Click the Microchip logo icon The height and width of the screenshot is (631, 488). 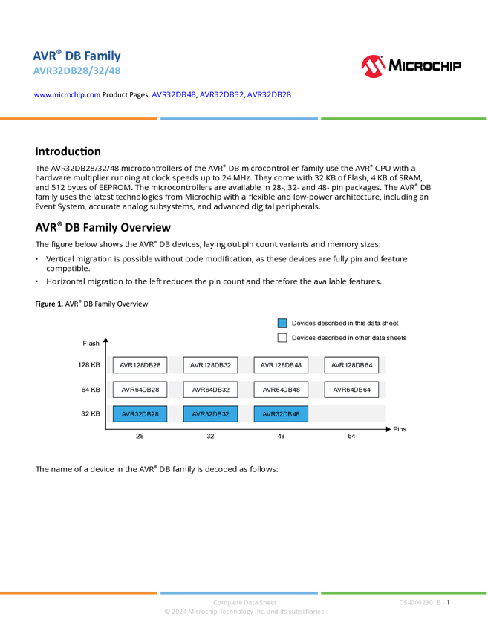[374, 66]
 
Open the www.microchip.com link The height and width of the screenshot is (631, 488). [67, 94]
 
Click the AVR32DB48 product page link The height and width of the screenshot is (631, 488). [174, 94]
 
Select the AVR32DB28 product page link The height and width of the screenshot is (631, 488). [269, 94]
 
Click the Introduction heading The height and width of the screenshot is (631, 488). [68, 151]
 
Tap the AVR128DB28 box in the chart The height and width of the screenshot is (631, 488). [140, 365]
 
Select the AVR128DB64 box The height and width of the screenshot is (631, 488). [351, 365]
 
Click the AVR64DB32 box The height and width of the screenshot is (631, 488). [210, 390]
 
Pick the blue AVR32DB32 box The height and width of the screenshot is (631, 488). [210, 413]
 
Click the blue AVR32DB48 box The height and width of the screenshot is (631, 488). [281, 413]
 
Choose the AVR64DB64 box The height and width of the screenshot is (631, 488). [351, 390]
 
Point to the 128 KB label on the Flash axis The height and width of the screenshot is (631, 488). [89, 365]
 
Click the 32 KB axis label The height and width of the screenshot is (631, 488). [91, 413]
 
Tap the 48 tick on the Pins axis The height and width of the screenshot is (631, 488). [281, 436]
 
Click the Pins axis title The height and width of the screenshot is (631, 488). [400, 429]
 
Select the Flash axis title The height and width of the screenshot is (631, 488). [91, 343]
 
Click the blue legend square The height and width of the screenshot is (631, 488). [282, 323]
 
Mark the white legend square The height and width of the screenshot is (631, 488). [282, 338]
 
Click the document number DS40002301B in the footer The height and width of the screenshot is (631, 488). [420, 603]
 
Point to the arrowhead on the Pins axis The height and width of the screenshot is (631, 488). [388, 429]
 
